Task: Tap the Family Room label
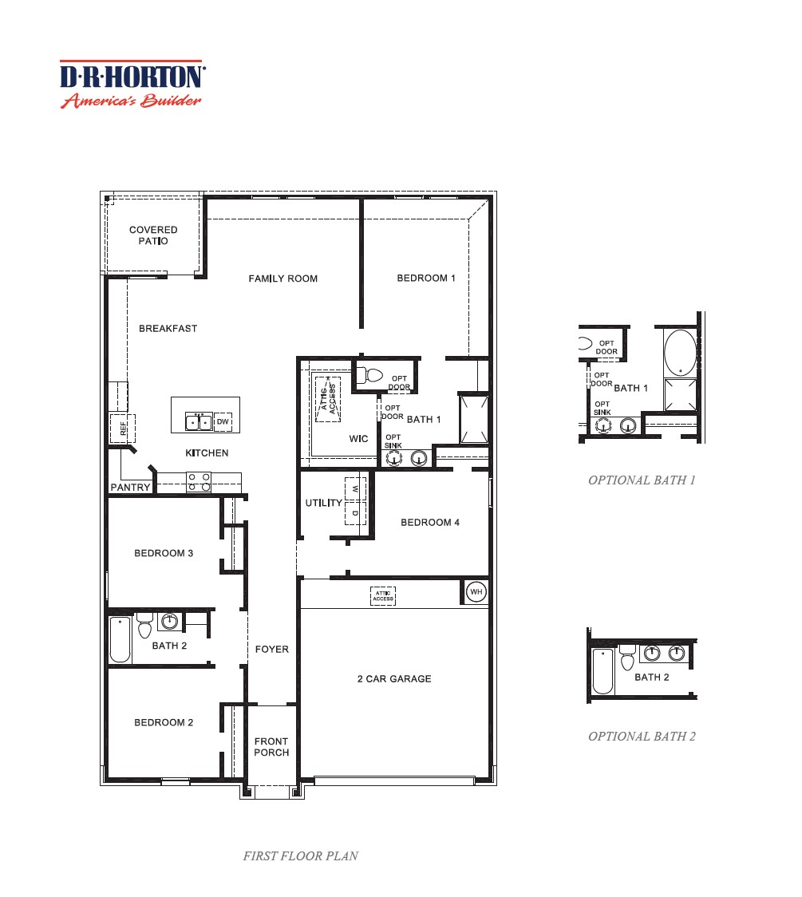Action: [282, 279]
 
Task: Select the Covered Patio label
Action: [153, 235]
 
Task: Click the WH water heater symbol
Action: [476, 592]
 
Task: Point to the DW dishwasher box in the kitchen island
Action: [223, 422]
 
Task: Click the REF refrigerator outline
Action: [123, 429]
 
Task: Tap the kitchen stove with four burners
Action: [199, 481]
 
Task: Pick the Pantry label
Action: [130, 487]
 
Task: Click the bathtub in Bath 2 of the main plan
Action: [120, 640]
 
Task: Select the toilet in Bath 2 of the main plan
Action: [144, 626]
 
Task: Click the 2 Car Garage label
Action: [393, 679]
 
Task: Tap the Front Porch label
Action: [271, 747]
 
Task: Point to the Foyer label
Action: [271, 650]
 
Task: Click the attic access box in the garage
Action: [383, 595]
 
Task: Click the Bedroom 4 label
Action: [430, 523]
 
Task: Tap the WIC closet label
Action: [358, 439]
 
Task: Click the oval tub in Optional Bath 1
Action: [679, 352]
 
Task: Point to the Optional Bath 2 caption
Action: [642, 737]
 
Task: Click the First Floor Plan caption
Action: [300, 856]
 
